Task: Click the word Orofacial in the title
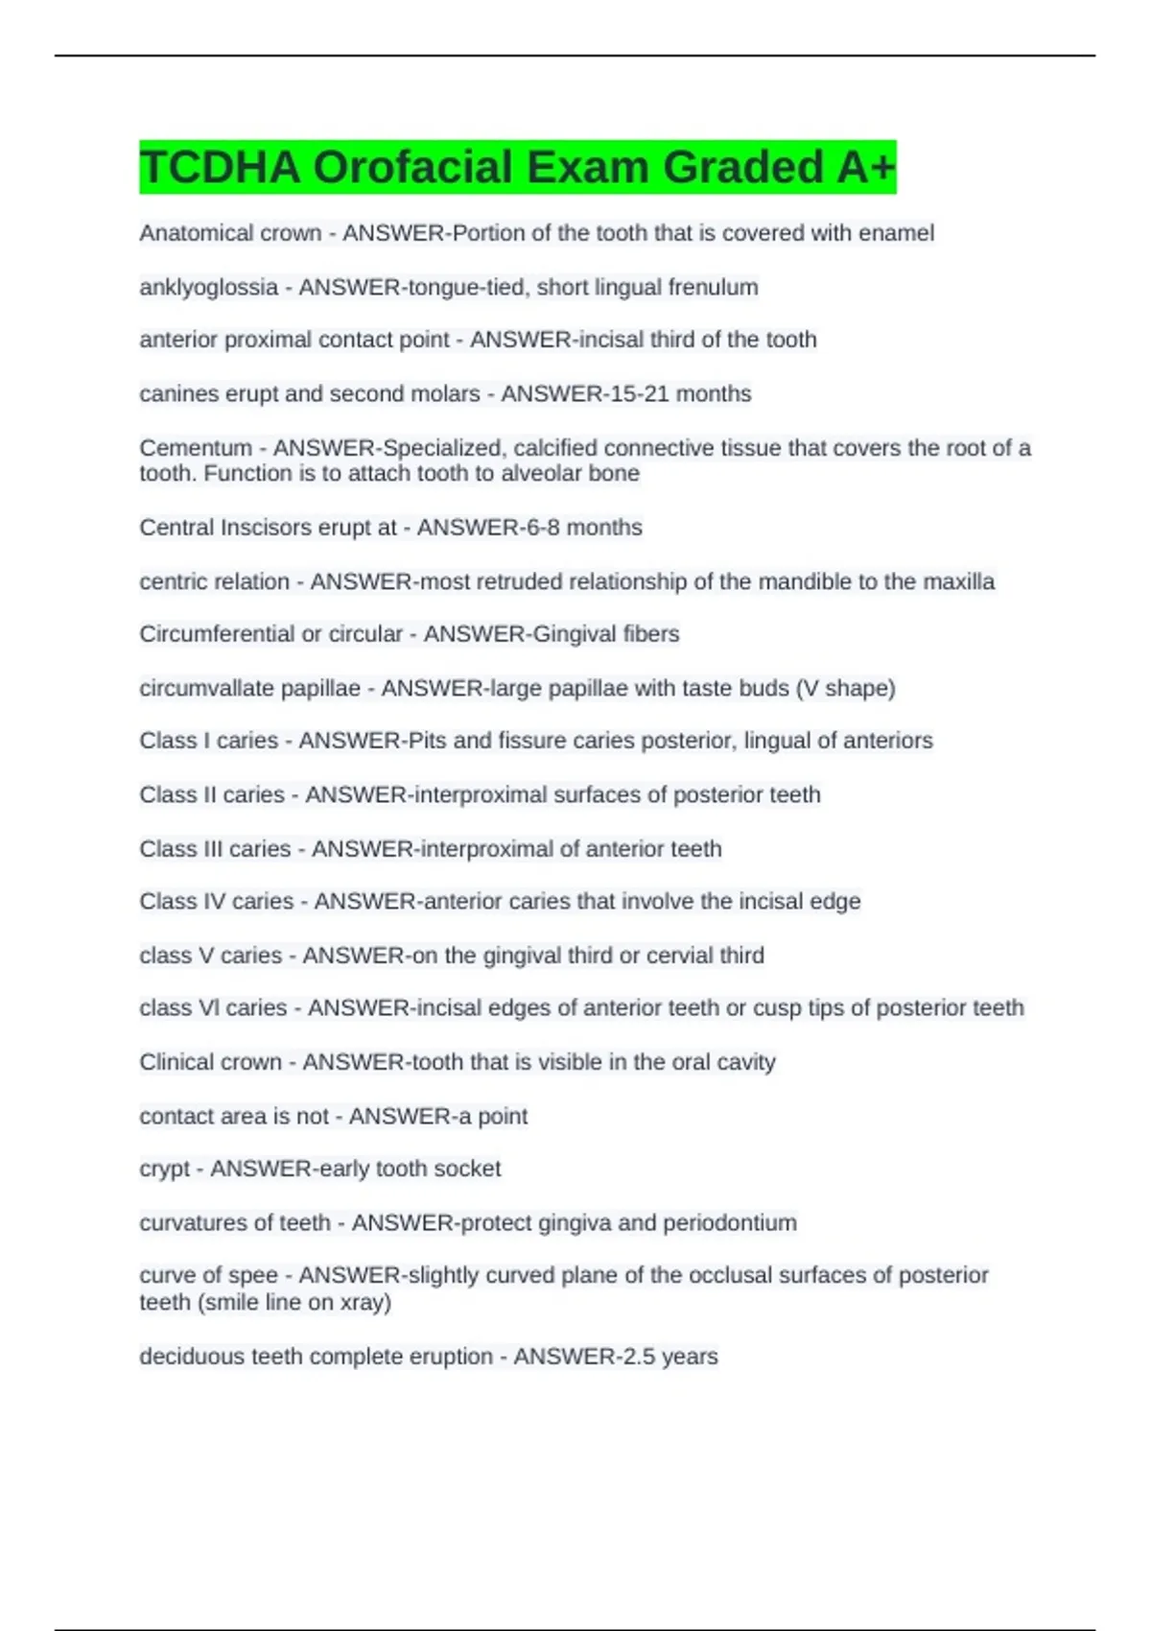[x=412, y=167]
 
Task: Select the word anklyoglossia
[x=208, y=287]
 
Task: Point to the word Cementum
[x=196, y=448]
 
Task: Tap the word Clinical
[x=175, y=1062]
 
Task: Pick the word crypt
[x=165, y=1170]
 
